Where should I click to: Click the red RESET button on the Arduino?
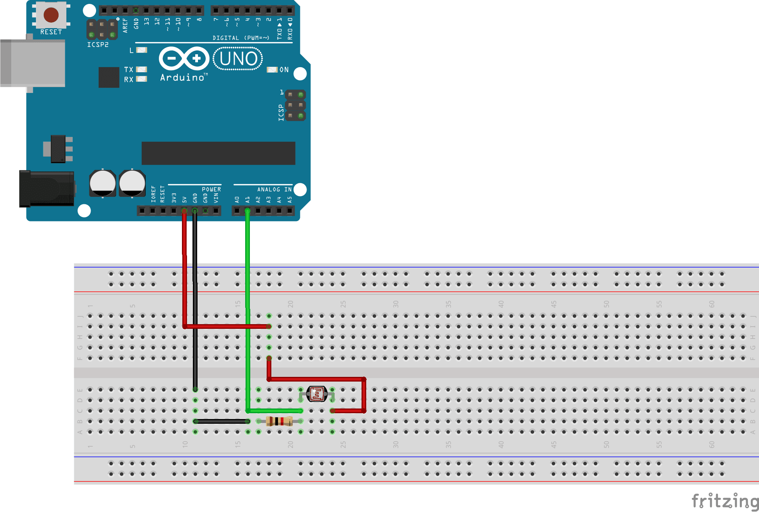pyautogui.click(x=51, y=15)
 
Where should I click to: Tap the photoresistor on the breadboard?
pyautogui.click(x=317, y=394)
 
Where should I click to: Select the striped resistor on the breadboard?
pyautogui.click(x=279, y=421)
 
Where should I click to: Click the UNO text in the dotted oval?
pyautogui.click(x=238, y=59)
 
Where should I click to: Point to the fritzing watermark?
pyautogui.click(x=725, y=501)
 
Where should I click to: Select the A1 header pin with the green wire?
pyautogui.click(x=247, y=211)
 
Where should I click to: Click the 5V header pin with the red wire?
pyautogui.click(x=184, y=211)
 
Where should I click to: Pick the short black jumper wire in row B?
pyautogui.click(x=221, y=421)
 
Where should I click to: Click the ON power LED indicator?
pyautogui.click(x=272, y=70)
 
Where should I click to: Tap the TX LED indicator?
pyautogui.click(x=141, y=70)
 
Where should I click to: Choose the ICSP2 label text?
pyautogui.click(x=98, y=45)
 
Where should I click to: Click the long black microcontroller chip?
pyautogui.click(x=218, y=153)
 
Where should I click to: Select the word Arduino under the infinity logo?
pyautogui.click(x=182, y=78)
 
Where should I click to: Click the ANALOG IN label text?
pyautogui.click(x=274, y=189)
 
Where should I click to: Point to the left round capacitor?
pyautogui.click(x=102, y=183)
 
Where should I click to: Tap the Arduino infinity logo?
pyautogui.click(x=184, y=59)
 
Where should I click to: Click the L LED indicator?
pyautogui.click(x=141, y=50)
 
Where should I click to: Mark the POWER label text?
pyautogui.click(x=211, y=189)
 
